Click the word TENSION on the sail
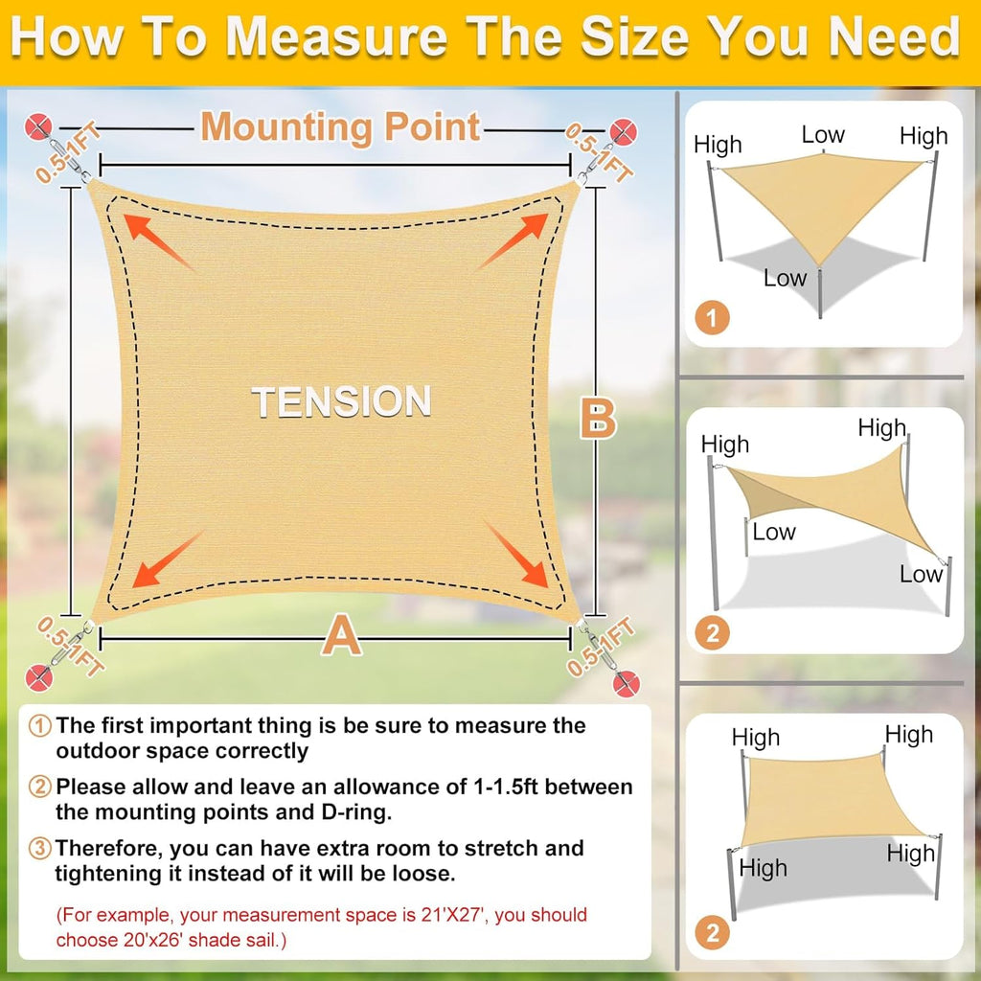coord(341,401)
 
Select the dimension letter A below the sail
coord(341,635)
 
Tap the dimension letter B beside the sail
coord(599,419)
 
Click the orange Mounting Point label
coord(340,126)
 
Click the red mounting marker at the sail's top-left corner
coord(39,125)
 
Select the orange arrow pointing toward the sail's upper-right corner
coord(513,241)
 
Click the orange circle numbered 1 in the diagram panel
coord(713,317)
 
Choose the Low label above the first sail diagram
coord(823,135)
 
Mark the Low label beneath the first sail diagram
coord(785,279)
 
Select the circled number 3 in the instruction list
coord(41,848)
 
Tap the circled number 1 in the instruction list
coord(41,725)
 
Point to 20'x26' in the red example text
coord(101,940)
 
